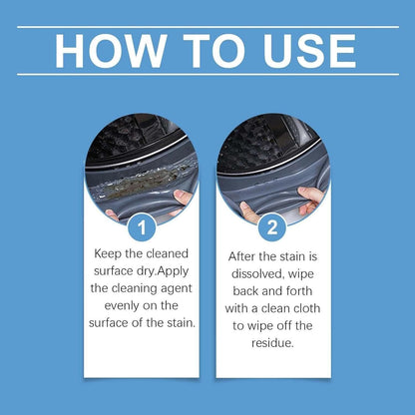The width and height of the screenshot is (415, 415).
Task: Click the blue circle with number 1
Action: point(141,229)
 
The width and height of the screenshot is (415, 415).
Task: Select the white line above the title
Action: point(207,27)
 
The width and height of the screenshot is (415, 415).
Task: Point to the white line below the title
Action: point(207,74)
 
